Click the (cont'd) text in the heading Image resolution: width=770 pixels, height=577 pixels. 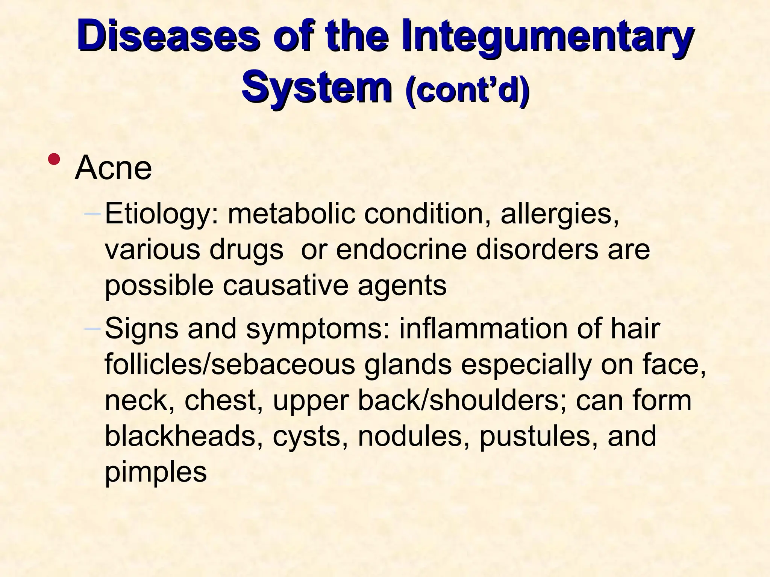click(467, 90)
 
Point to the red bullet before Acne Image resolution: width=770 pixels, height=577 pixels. click(54, 159)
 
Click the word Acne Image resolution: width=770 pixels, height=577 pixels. click(113, 168)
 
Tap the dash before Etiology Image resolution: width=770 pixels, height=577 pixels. click(92, 214)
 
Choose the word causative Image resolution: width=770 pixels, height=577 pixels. click(285, 285)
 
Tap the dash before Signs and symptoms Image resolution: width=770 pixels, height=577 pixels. click(92, 329)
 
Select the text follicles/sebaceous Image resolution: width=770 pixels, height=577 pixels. click(229, 364)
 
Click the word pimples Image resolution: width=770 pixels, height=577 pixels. click(155, 473)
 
